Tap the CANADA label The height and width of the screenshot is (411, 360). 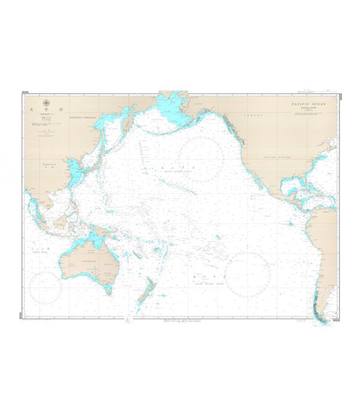click(x=250, y=116)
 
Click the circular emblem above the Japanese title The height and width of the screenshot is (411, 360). click(x=46, y=102)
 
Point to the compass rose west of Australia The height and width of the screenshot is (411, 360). click(x=45, y=287)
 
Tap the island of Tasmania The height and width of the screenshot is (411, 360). click(x=108, y=291)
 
